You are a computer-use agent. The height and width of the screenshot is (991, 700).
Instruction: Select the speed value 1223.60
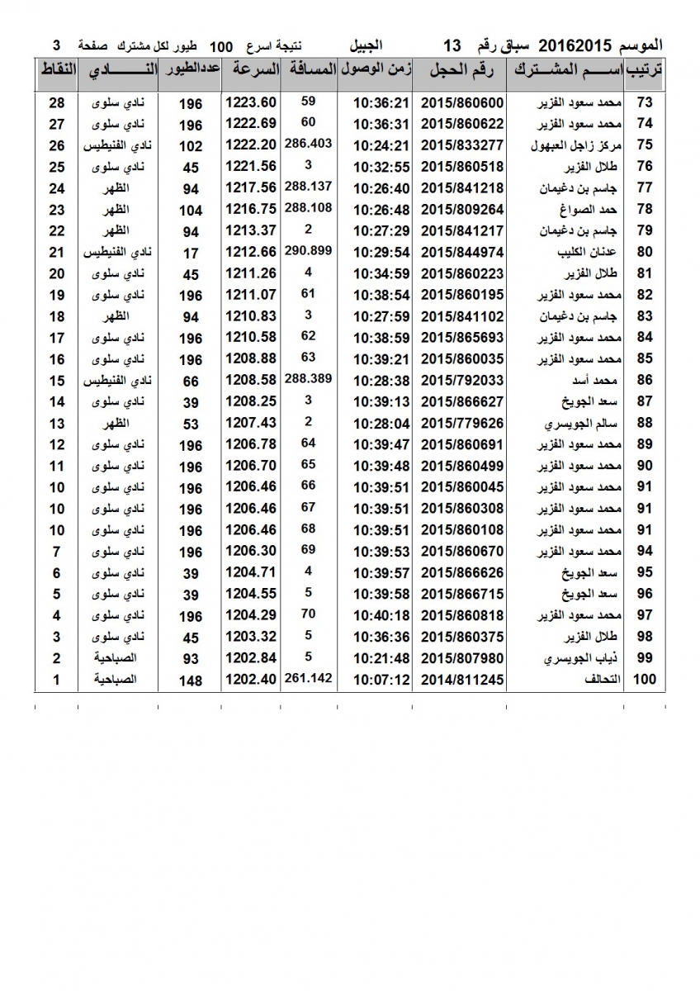(x=248, y=102)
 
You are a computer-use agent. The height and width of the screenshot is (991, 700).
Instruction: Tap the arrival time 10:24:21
(x=381, y=145)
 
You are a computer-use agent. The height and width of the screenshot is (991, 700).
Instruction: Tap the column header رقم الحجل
(x=461, y=71)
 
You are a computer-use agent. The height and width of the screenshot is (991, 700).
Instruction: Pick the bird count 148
(x=190, y=681)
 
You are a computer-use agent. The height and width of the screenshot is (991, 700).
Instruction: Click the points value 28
(x=57, y=102)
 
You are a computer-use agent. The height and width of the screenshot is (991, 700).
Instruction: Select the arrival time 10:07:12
(x=381, y=680)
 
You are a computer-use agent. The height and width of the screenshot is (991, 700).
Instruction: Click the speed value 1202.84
(x=248, y=659)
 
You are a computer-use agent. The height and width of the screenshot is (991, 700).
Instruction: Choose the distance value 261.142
(x=307, y=678)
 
